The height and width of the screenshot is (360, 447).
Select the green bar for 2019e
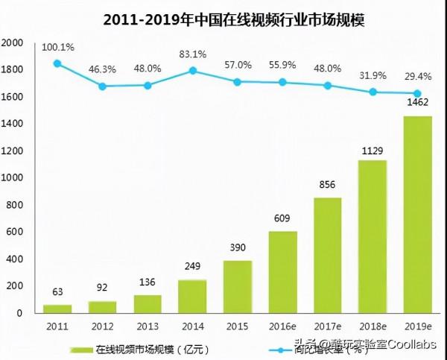pos(417,214)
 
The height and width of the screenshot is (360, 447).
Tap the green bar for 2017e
pos(327,255)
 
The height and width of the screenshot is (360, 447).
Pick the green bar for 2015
pos(237,286)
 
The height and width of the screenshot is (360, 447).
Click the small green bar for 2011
pos(57,308)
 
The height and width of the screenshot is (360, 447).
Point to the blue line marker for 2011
pos(57,63)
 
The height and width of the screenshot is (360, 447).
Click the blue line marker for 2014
pos(192,71)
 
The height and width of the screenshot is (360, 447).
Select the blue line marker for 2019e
pos(417,94)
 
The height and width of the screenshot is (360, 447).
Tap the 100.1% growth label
pos(57,47)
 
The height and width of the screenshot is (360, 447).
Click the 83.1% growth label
pos(193,54)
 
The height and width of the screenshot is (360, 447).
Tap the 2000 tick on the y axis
pos(13,43)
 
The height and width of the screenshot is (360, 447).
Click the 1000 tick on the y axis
pos(13,178)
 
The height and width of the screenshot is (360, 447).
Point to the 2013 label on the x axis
pos(147,326)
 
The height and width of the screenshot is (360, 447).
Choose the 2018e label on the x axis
pos(372,326)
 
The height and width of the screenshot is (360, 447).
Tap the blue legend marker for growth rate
pos(280,348)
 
